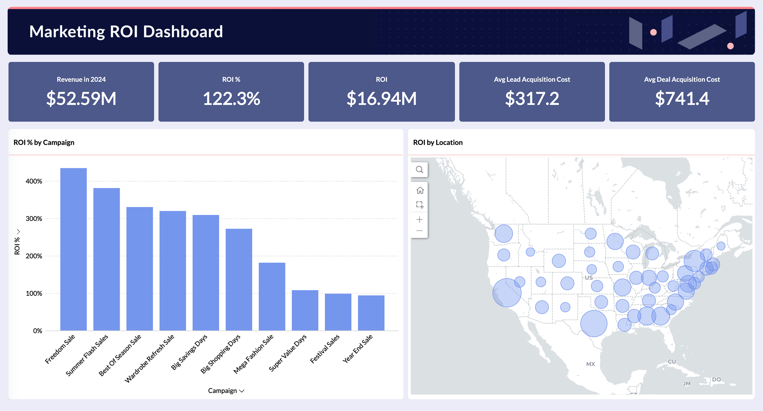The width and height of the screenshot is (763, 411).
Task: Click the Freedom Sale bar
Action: point(73,249)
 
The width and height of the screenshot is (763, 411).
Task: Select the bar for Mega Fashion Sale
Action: point(272,296)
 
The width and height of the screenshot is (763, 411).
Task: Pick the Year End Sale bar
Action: point(371,313)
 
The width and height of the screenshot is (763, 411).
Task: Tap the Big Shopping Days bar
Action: point(239,280)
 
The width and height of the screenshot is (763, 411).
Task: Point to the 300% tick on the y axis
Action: point(34,219)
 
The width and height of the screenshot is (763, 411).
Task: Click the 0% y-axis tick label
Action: point(37,331)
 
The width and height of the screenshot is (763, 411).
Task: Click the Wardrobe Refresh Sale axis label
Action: point(149,358)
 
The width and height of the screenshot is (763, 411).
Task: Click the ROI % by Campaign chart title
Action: point(44,142)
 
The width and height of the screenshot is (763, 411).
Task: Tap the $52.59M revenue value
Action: point(81,98)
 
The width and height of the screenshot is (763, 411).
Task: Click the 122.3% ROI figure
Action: point(231,98)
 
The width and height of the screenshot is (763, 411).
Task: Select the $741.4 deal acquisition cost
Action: point(682,98)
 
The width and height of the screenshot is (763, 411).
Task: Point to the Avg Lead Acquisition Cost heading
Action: point(532,79)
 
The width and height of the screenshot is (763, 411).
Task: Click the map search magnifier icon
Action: point(419,170)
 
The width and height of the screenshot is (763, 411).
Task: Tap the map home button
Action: point(420,190)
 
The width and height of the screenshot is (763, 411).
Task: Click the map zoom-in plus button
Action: point(419,220)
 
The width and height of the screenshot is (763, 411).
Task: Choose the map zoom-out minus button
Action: point(419,231)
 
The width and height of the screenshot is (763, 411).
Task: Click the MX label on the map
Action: point(590,364)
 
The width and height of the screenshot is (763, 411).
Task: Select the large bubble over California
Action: point(507,293)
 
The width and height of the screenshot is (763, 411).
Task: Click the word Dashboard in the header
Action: point(183,32)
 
